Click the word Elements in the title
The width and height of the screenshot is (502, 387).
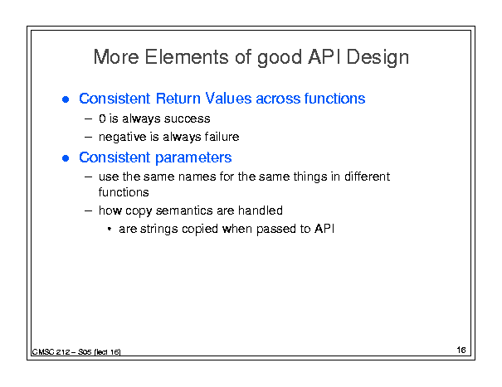(x=187, y=57)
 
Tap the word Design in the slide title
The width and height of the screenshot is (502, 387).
(x=378, y=58)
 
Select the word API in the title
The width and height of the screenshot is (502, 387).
(x=324, y=57)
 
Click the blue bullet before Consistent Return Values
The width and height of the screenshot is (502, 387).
(x=66, y=99)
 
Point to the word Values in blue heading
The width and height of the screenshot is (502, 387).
(x=228, y=98)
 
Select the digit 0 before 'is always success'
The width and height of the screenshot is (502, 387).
(x=102, y=119)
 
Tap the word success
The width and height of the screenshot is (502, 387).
(x=188, y=119)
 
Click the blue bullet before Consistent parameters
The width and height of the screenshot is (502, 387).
(x=66, y=158)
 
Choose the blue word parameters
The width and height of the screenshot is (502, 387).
(x=193, y=158)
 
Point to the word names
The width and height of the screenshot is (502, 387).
(x=197, y=177)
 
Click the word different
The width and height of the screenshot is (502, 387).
(x=368, y=177)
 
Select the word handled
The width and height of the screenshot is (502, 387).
(x=261, y=210)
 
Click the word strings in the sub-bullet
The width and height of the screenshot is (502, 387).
(x=159, y=230)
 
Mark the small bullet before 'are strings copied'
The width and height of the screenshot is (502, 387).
(x=110, y=229)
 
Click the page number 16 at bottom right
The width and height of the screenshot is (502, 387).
(x=461, y=350)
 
